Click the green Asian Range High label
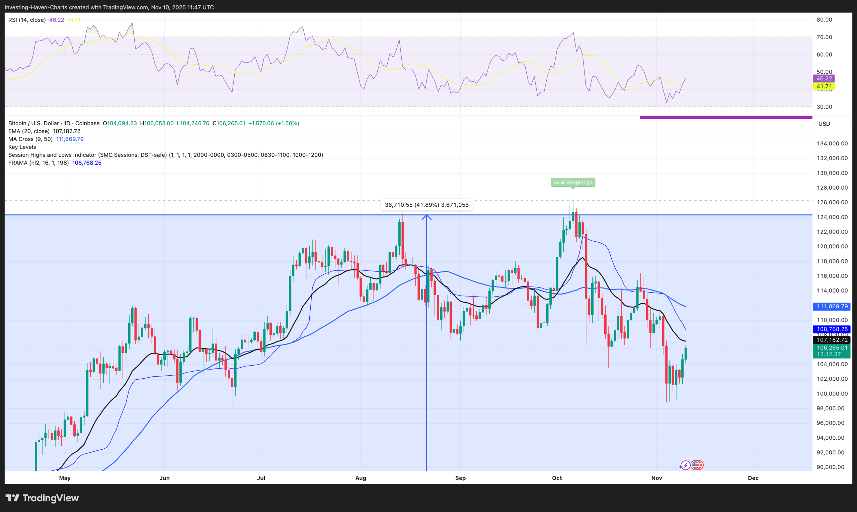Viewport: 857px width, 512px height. (x=573, y=182)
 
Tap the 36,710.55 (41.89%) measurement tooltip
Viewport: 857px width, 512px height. (x=426, y=205)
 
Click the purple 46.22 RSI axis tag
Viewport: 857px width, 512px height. (x=824, y=79)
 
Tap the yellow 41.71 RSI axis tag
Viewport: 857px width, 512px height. (x=824, y=86)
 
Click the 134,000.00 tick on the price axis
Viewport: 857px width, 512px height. (x=832, y=143)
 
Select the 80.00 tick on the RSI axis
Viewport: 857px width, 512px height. (x=824, y=20)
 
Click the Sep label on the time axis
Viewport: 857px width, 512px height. (x=460, y=478)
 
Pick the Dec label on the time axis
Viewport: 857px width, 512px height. (x=753, y=478)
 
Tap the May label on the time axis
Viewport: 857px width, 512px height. (x=65, y=478)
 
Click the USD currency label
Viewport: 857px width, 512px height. (x=824, y=124)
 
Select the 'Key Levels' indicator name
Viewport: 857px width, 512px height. (x=22, y=147)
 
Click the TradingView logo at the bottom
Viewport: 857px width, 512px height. (x=43, y=498)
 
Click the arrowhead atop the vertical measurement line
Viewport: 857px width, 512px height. (x=426, y=217)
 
